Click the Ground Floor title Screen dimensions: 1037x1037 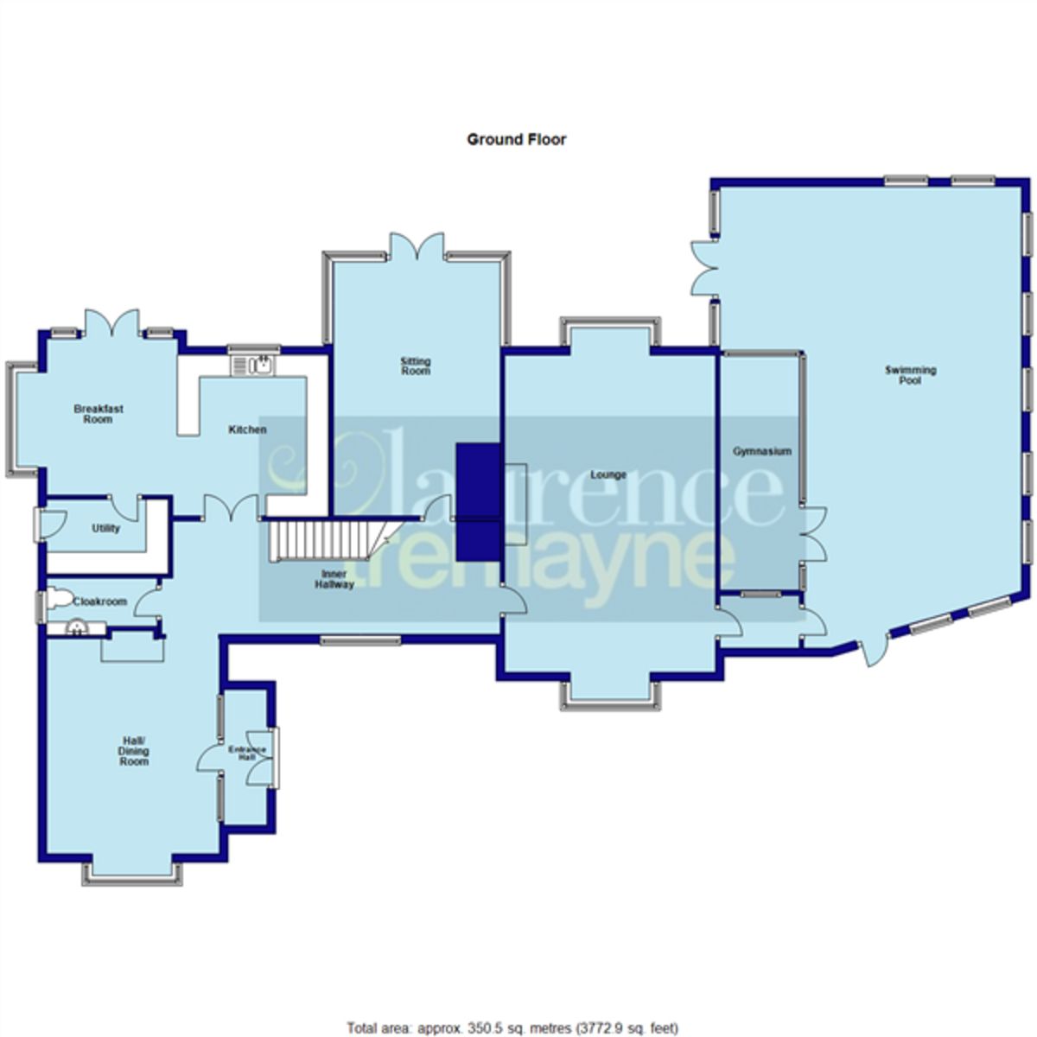516,139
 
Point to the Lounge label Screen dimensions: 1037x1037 608,474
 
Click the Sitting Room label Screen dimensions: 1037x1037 415,366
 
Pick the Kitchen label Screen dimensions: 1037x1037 247,429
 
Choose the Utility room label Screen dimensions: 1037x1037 105,528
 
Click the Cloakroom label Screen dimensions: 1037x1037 100,601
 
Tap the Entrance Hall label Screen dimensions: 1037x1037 242,753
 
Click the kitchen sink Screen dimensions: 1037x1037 253,366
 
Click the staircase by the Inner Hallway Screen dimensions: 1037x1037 320,539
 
